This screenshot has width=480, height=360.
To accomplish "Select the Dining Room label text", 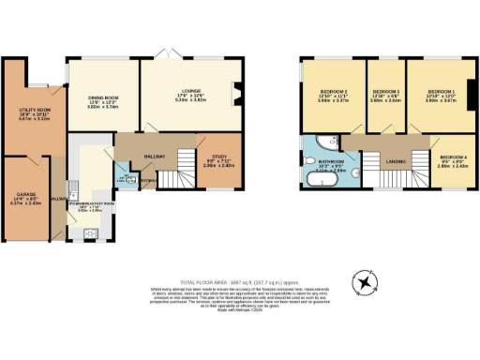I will [x=103, y=102].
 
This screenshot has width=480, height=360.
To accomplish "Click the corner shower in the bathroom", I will [x=324, y=142].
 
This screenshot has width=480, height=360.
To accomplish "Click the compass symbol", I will [x=364, y=282].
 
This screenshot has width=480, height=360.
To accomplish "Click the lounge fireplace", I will [x=234, y=92].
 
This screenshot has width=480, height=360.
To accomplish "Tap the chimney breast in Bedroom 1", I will [x=470, y=96].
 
